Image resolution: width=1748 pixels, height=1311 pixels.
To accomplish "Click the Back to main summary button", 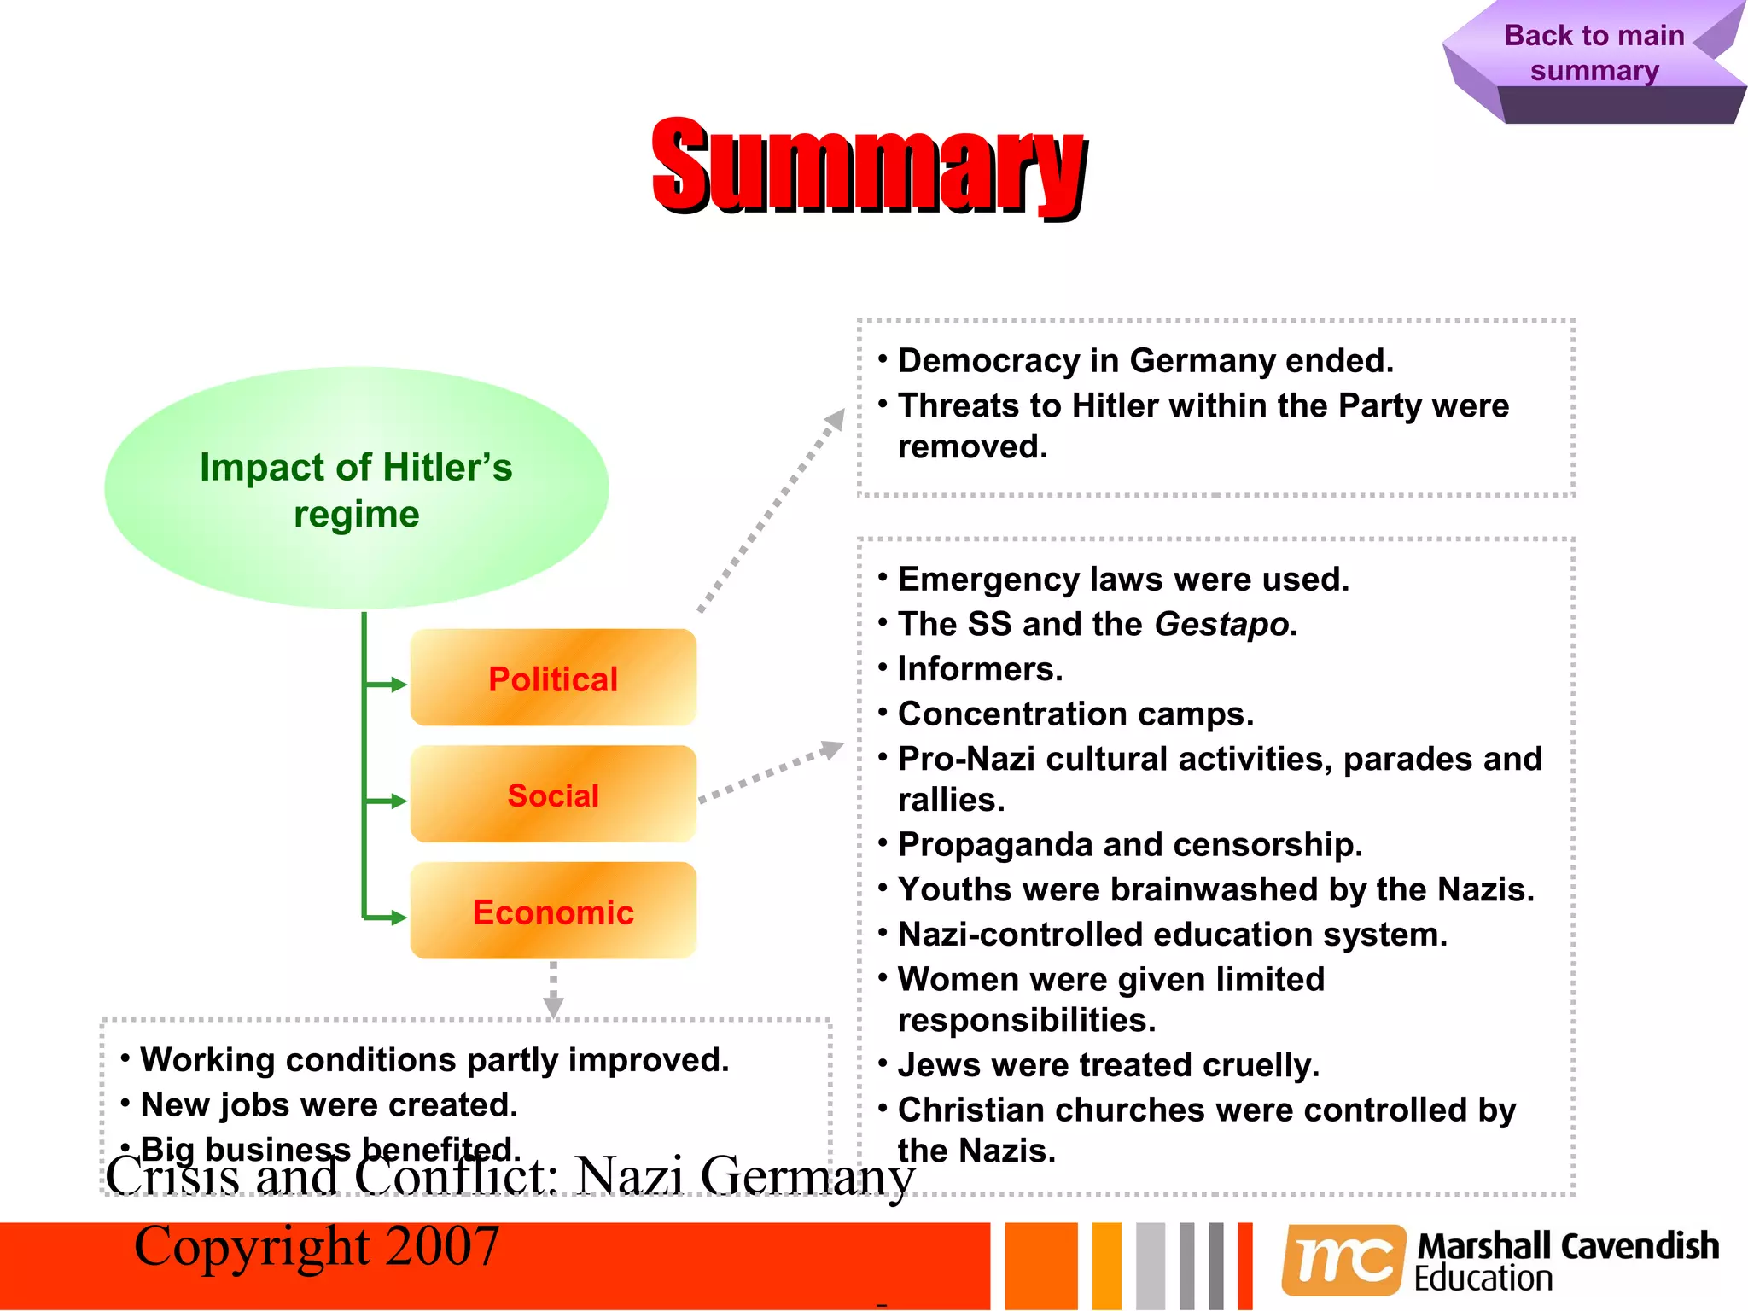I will (1594, 53).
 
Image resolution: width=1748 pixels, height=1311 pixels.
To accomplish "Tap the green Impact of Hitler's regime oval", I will (356, 488).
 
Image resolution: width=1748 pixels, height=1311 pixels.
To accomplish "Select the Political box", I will (553, 679).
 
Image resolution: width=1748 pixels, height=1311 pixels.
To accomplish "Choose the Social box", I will (553, 795).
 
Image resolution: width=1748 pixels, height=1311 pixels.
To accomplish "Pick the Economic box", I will (553, 912).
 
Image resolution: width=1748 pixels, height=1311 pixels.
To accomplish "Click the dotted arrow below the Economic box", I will (553, 990).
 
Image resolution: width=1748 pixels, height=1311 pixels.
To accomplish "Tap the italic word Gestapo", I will (1221, 624).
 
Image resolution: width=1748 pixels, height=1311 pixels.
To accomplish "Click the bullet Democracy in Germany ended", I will (1145, 361).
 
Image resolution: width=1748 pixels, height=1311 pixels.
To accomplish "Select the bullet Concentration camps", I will (1075, 714).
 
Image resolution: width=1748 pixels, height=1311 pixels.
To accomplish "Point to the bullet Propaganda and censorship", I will (1129, 844).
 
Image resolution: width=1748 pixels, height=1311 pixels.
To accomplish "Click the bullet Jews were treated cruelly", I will (1108, 1064).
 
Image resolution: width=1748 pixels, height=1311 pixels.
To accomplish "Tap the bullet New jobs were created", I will (329, 1104).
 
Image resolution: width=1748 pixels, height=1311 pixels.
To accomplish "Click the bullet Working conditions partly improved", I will (434, 1059).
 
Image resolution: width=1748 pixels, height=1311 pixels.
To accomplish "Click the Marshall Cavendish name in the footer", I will (1568, 1246).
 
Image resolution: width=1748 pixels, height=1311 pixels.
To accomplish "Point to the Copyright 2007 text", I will (317, 1246).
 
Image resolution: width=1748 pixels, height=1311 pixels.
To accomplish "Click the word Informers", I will (980, 669).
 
